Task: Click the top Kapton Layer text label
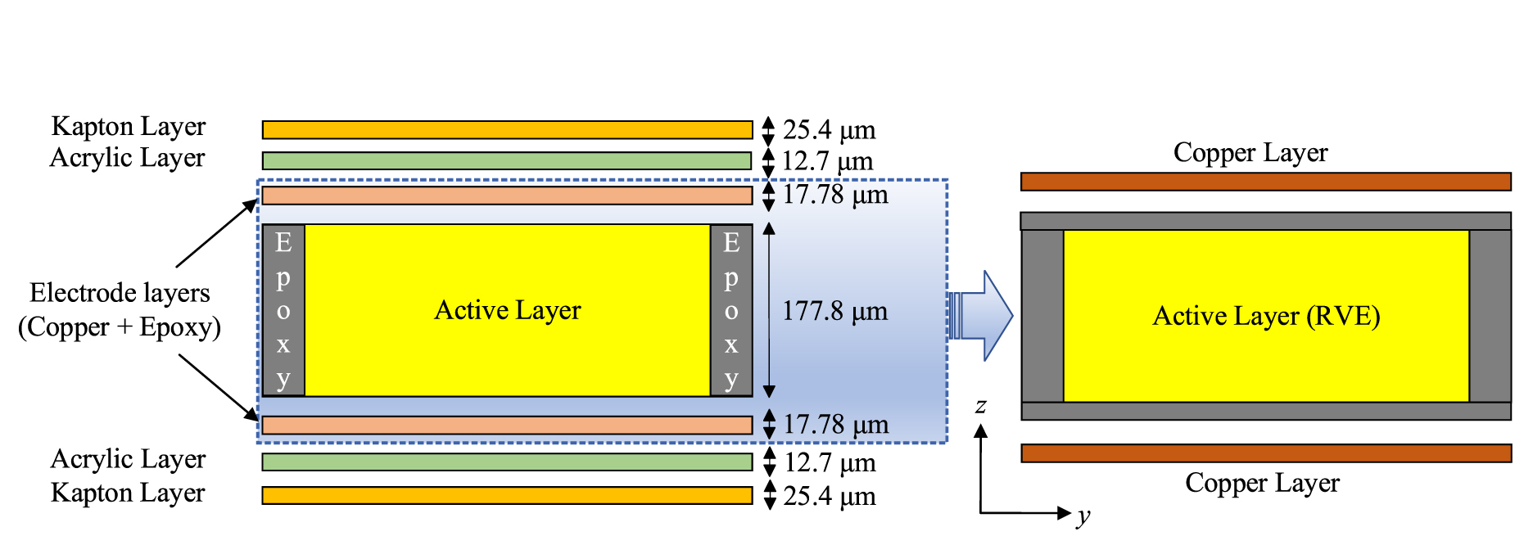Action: tap(128, 127)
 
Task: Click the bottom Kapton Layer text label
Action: tap(128, 493)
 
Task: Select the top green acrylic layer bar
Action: tap(506, 160)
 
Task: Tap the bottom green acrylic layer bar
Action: tap(506, 462)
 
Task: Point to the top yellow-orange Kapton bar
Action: tap(506, 130)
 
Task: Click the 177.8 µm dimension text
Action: tap(834, 311)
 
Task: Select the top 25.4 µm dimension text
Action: tap(829, 130)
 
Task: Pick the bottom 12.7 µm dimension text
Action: tap(830, 463)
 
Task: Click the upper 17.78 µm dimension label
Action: tap(835, 195)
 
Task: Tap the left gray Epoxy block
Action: tap(283, 311)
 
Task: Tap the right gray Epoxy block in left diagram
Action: tap(731, 311)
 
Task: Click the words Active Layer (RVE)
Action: tap(1266, 316)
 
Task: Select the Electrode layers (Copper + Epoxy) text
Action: tap(120, 310)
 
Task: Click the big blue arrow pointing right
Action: tap(983, 316)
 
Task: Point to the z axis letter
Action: tap(980, 406)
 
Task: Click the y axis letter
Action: tap(1083, 516)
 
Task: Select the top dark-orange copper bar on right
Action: tap(1265, 182)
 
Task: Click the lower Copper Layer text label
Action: tap(1262, 483)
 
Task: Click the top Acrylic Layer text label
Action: tap(128, 158)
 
